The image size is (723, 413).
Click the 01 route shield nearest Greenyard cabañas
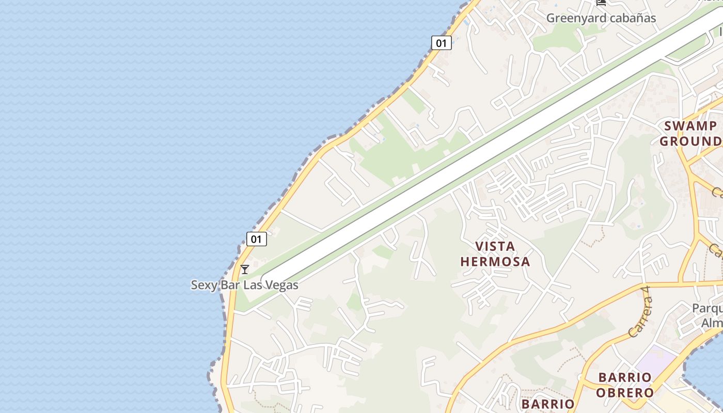[441, 43]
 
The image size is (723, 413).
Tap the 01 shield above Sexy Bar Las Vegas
[256, 239]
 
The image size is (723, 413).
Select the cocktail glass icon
[245, 269]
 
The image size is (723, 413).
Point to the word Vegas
[281, 285]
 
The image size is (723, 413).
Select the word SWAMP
[690, 126]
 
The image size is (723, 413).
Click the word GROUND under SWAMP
[691, 141]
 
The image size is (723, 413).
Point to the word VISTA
[495, 246]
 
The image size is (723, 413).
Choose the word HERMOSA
[495, 261]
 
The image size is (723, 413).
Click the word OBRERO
[625, 392]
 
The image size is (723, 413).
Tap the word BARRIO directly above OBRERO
[625, 377]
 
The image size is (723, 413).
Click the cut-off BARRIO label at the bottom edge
[547, 404]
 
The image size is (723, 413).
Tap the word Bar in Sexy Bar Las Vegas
[230, 285]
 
